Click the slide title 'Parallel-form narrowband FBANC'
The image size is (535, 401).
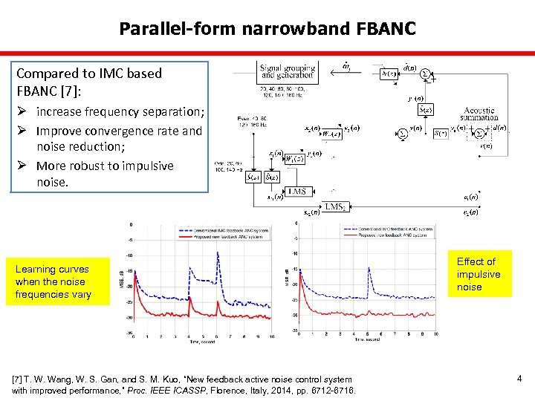pos(267,29)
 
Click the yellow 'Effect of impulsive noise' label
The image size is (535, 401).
pos(479,274)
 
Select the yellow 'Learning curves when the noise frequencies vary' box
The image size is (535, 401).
pos(51,281)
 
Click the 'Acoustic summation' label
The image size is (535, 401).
pos(479,114)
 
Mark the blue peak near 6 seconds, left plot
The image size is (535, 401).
pos(218,254)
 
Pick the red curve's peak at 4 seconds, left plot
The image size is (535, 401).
pos(189,300)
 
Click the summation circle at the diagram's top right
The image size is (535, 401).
pos(426,74)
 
